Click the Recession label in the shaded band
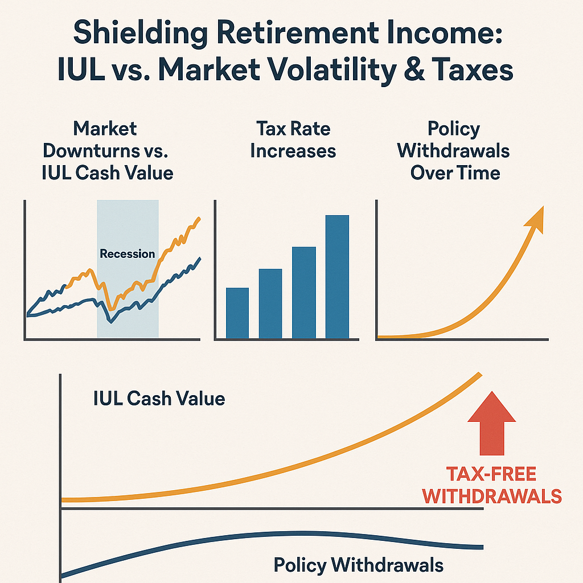point(127,253)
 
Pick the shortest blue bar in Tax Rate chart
point(237,314)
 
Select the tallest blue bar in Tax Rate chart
point(337,277)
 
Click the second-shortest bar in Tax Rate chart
point(270,304)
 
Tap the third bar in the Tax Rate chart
point(304,293)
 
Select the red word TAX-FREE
point(491,474)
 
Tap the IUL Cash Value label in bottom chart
point(159,399)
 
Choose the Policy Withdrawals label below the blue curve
point(358,565)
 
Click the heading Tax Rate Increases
point(293,140)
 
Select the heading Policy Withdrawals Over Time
point(454,151)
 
